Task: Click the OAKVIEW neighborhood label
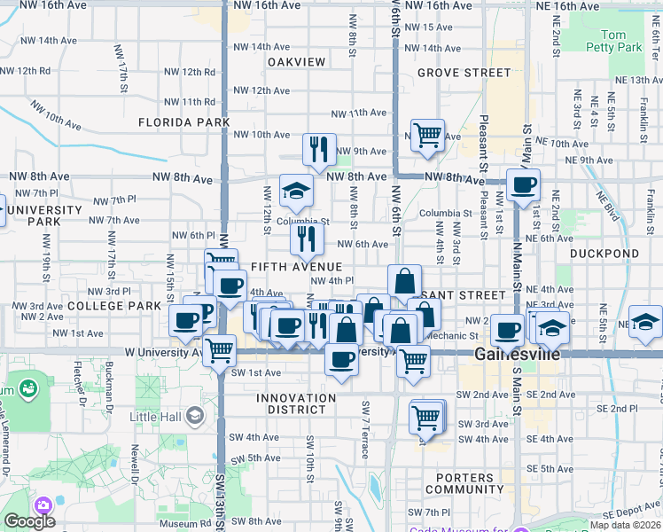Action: tap(297, 62)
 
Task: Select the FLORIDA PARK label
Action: tap(183, 122)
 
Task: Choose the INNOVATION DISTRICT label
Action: tap(297, 403)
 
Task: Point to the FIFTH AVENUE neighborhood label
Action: tap(296, 267)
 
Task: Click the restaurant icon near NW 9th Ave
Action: tap(319, 148)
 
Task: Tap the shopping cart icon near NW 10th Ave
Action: tap(427, 135)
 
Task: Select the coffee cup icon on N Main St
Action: tap(523, 184)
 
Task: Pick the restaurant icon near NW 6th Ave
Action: tap(307, 238)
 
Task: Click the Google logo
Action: tap(29, 521)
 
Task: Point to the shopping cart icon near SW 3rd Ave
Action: tap(425, 416)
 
